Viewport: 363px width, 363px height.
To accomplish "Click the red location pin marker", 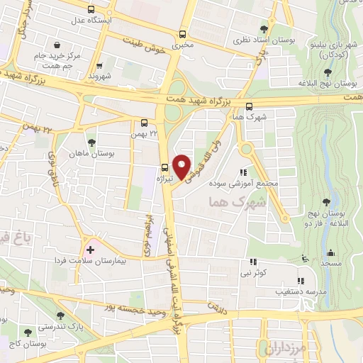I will point(182,165).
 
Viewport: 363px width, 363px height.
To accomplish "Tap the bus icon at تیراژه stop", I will point(165,168).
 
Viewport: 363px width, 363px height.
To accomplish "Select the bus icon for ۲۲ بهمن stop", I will point(145,122).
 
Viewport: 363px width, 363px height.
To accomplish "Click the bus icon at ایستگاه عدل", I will point(90,10).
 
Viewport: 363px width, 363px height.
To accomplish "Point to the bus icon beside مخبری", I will point(183,33).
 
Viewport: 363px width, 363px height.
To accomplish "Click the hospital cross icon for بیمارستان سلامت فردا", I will point(90,250).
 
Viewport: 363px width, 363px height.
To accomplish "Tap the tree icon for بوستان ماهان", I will point(90,143).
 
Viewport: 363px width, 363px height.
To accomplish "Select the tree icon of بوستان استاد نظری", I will point(264,29).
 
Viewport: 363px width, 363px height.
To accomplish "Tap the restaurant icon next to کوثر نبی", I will point(252,262).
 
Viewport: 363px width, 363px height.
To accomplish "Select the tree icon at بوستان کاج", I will point(28,333).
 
